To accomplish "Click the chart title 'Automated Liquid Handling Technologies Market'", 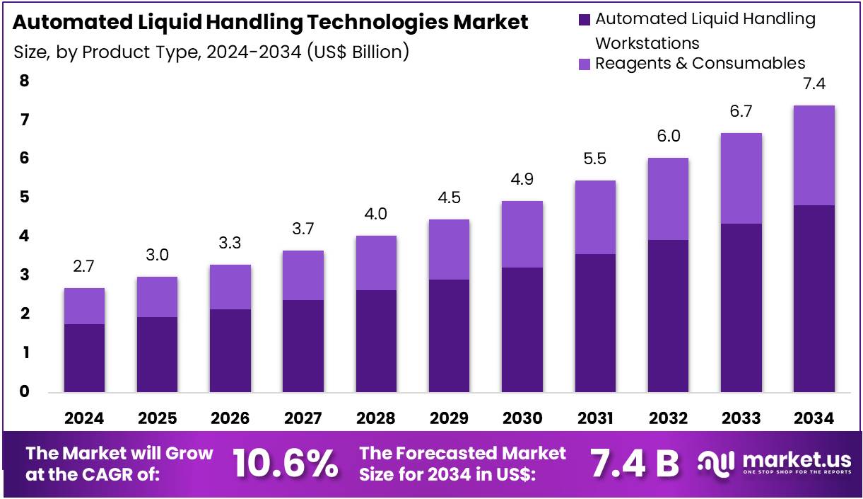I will pos(270,23).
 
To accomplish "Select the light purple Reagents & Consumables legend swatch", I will pos(585,64).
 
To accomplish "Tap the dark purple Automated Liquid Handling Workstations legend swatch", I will pos(585,19).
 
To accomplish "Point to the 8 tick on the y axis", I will pos(24,81).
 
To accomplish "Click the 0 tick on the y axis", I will pos(24,391).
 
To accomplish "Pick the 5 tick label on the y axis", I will pos(24,197).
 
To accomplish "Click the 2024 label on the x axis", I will pos(84,418).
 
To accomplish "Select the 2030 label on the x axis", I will pos(522,418).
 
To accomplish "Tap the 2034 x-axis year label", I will pos(814,418).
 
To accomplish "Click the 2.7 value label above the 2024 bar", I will pos(84,267).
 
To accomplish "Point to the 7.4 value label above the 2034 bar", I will pos(814,84).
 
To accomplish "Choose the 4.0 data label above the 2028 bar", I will pos(376,214).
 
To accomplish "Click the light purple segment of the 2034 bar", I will pos(814,156).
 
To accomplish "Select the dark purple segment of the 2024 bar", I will pos(84,357).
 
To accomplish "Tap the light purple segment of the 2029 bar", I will pos(449,249).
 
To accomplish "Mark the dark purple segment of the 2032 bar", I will pos(668,316).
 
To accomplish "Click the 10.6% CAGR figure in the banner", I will pos(285,464).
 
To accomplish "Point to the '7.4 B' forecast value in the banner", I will pos(634,464).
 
